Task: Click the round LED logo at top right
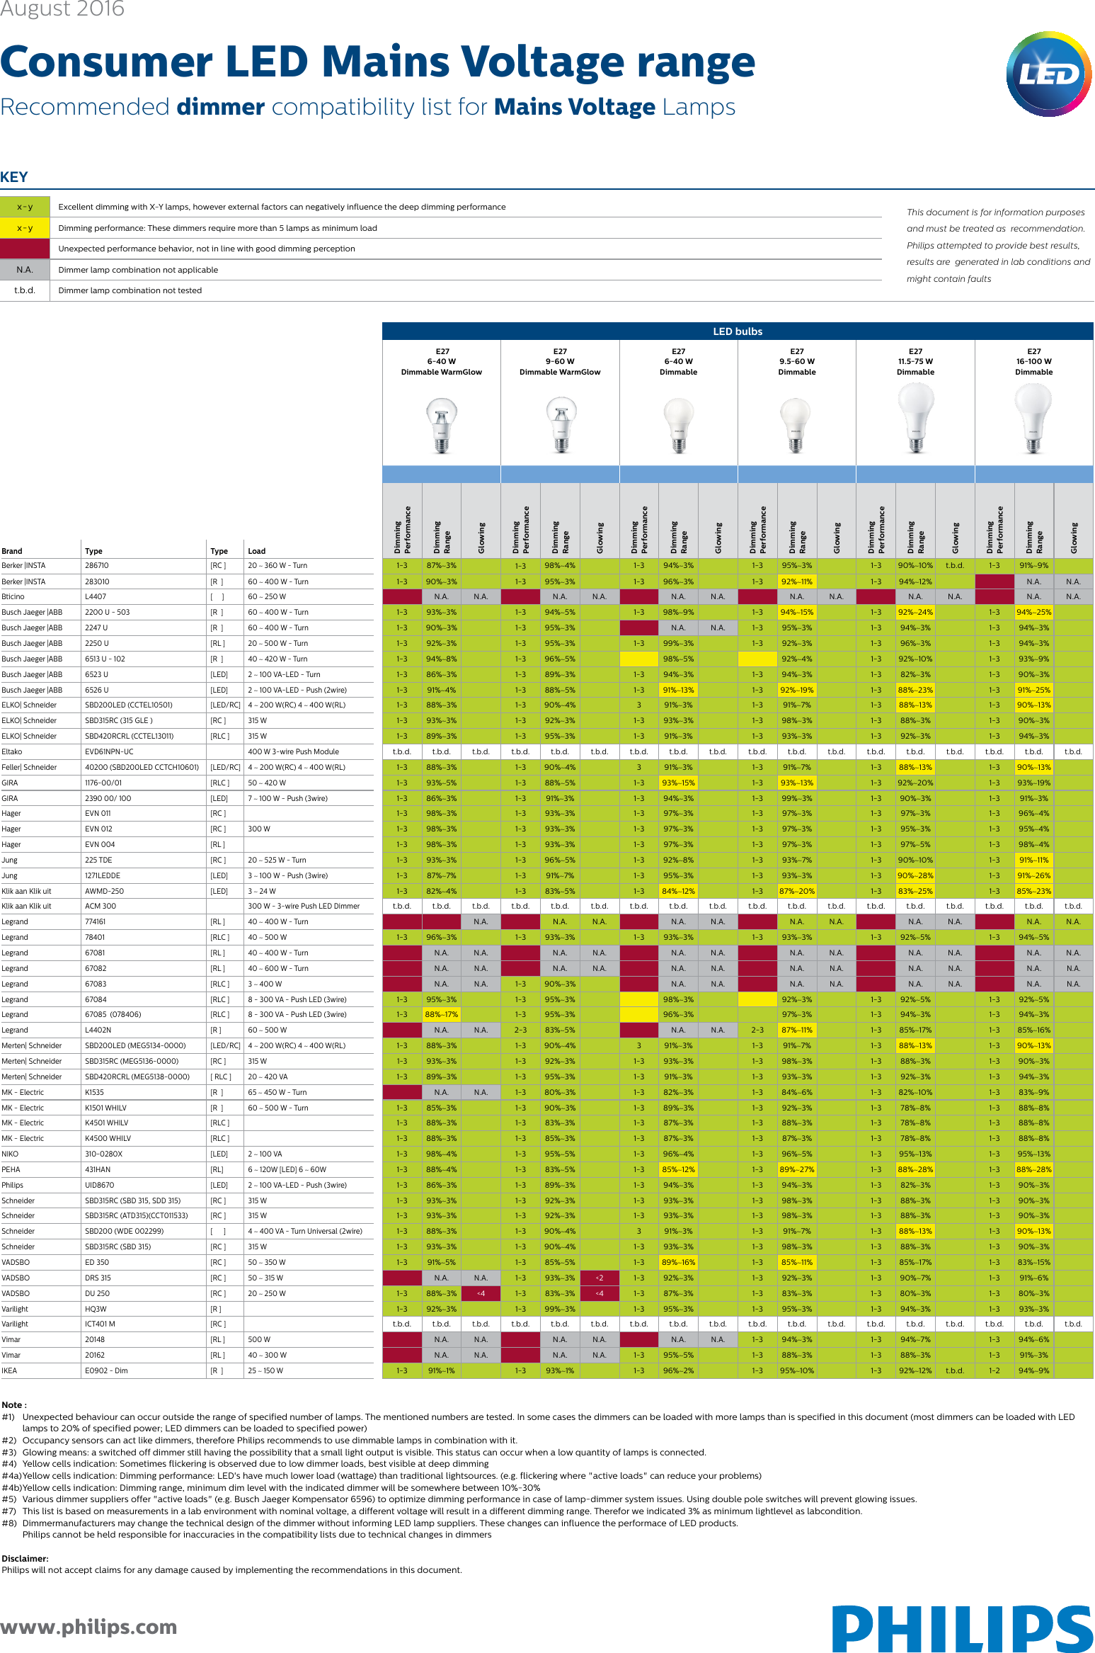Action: coord(1048,74)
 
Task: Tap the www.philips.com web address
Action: coord(88,1626)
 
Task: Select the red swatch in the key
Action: coord(25,249)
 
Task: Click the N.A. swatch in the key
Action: coord(25,270)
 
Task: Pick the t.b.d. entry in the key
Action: coord(25,290)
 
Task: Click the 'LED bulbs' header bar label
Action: coord(738,331)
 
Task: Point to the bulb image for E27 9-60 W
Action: coord(561,424)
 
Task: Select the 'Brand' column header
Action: coord(12,551)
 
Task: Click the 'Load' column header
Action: coord(256,551)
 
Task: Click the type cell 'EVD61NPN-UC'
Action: coord(109,751)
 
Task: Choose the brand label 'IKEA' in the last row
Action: coord(9,1370)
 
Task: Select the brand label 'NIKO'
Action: coord(10,1154)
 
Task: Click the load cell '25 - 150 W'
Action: coord(265,1370)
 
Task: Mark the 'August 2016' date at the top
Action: coord(62,9)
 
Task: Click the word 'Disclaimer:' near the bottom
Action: coord(25,1558)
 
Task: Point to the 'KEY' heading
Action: coord(14,177)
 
